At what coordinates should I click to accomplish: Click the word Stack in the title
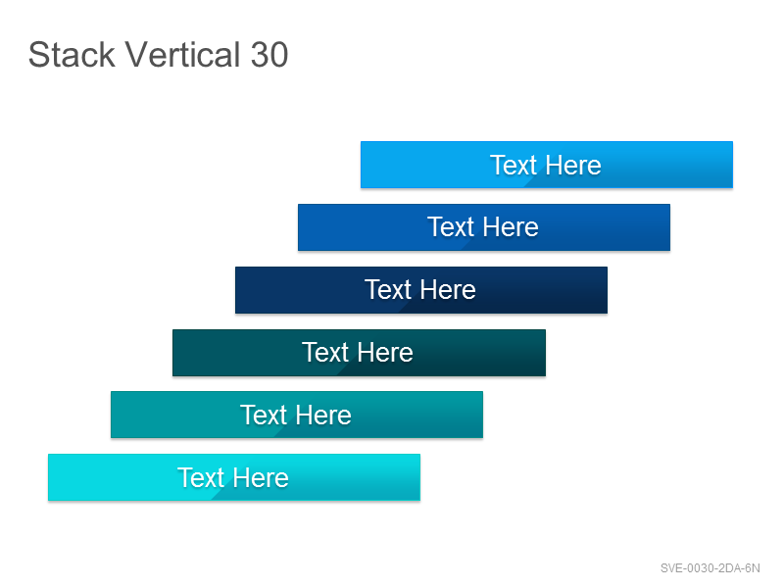(x=72, y=55)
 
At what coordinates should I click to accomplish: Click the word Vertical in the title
(x=182, y=55)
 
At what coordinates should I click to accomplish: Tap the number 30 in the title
(x=269, y=55)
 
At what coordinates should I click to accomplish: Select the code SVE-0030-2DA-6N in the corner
(x=710, y=568)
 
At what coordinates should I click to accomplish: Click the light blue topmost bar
(x=547, y=165)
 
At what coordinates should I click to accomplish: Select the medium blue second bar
(x=484, y=227)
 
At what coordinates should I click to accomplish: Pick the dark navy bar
(x=421, y=290)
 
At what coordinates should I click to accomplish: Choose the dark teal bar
(x=359, y=353)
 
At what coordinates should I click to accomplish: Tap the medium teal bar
(x=297, y=415)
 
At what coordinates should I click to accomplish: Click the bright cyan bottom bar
(x=234, y=477)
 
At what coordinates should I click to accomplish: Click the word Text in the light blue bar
(x=514, y=165)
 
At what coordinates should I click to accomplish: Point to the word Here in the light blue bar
(x=573, y=165)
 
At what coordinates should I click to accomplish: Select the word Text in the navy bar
(x=388, y=289)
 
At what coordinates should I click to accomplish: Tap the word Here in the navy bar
(x=448, y=289)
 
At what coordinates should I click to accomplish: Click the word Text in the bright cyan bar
(x=201, y=477)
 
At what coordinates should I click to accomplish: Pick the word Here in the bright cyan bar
(x=261, y=477)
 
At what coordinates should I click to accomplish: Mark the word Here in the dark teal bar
(x=385, y=353)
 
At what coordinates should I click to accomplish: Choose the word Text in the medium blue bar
(x=451, y=227)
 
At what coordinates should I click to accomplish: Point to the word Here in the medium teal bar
(x=323, y=415)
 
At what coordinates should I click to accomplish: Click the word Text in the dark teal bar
(x=326, y=353)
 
